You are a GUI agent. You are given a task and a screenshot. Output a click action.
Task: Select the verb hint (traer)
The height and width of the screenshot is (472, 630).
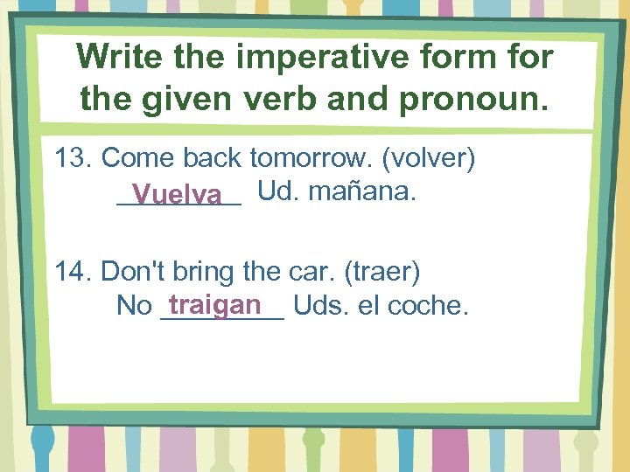[382, 272]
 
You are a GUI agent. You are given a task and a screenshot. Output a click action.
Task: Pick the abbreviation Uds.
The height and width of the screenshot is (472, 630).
[319, 306]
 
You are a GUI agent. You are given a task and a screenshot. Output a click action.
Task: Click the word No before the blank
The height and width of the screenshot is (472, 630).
[134, 306]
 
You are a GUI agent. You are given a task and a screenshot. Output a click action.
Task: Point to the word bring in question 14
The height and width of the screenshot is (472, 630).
[205, 272]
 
